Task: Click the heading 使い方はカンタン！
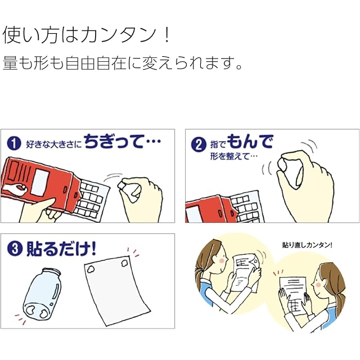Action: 87,35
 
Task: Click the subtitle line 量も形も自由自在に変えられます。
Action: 123,62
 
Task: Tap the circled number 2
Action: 197,145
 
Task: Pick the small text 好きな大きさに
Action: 53,145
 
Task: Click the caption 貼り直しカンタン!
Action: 307,245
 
